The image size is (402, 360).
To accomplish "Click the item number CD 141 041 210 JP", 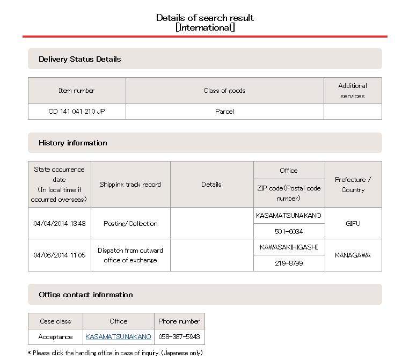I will pos(76,112).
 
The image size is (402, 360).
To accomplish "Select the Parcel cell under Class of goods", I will pos(224,112).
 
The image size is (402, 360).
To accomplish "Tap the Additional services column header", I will pos(352,91).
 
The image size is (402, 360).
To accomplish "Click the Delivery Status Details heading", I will pos(79,59).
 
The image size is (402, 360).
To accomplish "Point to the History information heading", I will pos(72,143).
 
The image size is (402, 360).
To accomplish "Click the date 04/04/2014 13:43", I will pos(59,223).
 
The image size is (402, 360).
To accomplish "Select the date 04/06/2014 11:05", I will pos(59,255).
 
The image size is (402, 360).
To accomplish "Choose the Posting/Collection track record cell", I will pos(130,223).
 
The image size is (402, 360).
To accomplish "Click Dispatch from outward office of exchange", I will pos(130,255).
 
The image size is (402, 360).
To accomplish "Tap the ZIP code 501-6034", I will pos(289,231).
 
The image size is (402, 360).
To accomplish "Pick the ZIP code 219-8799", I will pos(289,263).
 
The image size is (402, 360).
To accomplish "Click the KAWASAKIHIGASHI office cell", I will pos(289,247).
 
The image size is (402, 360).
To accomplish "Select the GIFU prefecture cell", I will pos(353,223).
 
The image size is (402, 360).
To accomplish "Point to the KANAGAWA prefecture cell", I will pos(353,255).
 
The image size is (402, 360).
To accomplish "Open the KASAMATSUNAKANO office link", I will pos(118,337).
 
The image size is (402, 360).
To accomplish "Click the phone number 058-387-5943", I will pos(179,337).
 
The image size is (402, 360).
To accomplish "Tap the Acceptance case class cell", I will pos(55,337).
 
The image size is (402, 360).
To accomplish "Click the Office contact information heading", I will pos(85,295).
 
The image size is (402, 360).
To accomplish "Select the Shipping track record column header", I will pos(130,185).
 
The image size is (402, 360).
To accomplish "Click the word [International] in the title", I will pos(205,27).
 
